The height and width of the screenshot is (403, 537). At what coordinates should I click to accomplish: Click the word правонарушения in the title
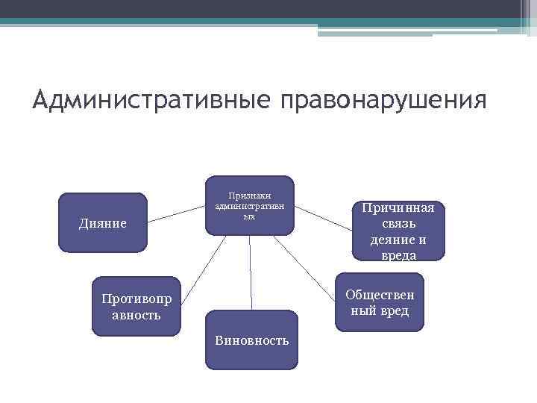383,101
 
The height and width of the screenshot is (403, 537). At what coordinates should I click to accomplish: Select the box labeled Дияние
103,222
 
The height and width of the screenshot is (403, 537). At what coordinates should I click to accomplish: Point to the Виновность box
251,340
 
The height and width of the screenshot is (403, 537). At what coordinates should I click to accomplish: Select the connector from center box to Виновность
251,272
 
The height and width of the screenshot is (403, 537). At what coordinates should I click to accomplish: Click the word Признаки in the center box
250,195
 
